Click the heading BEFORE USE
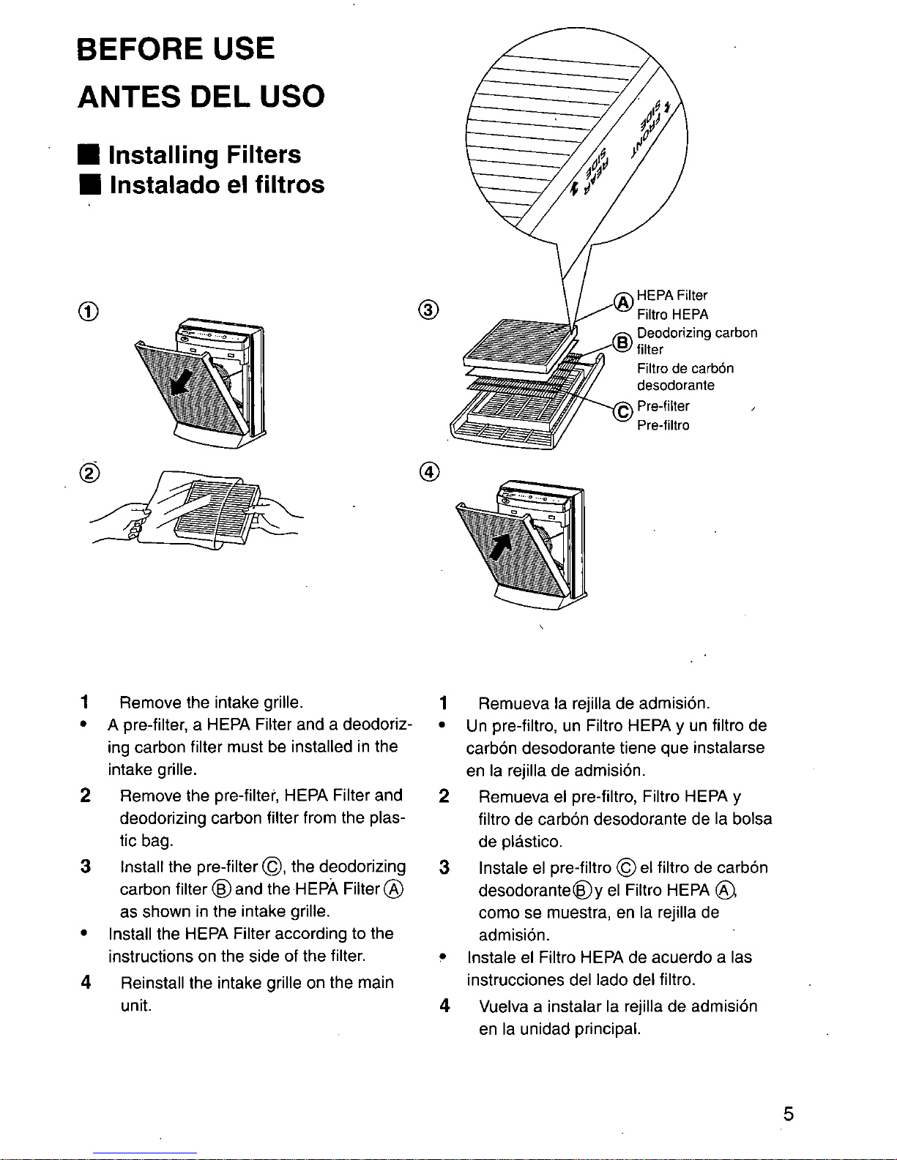click(x=176, y=49)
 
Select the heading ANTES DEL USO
click(x=201, y=97)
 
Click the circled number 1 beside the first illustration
click(x=89, y=311)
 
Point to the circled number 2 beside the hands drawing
click(x=89, y=473)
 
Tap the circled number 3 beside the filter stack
click(x=429, y=310)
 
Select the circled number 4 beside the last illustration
click(x=430, y=472)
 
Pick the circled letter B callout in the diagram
click(x=622, y=342)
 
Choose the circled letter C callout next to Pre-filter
click(x=622, y=411)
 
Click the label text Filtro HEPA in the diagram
click(x=672, y=315)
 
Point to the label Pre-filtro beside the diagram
click(x=663, y=425)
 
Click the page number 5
click(x=789, y=1114)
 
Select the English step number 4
click(x=86, y=982)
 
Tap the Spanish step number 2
click(x=444, y=796)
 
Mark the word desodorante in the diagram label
click(x=675, y=386)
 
